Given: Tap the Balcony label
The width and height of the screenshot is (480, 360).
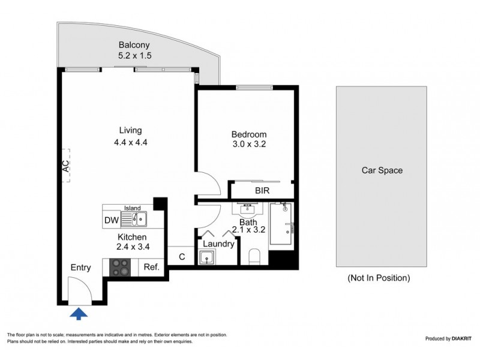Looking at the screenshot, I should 134,45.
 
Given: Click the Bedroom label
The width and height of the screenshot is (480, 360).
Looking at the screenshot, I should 248,134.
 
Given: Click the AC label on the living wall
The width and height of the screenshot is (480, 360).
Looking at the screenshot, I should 65,166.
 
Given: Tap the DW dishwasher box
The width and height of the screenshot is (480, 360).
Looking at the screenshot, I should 111,220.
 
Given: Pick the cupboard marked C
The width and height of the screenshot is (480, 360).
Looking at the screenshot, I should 182,257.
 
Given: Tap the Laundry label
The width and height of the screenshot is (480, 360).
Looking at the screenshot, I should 218,244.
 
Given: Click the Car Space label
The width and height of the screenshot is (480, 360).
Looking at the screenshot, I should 382,170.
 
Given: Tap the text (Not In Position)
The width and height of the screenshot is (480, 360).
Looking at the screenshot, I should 379,278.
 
